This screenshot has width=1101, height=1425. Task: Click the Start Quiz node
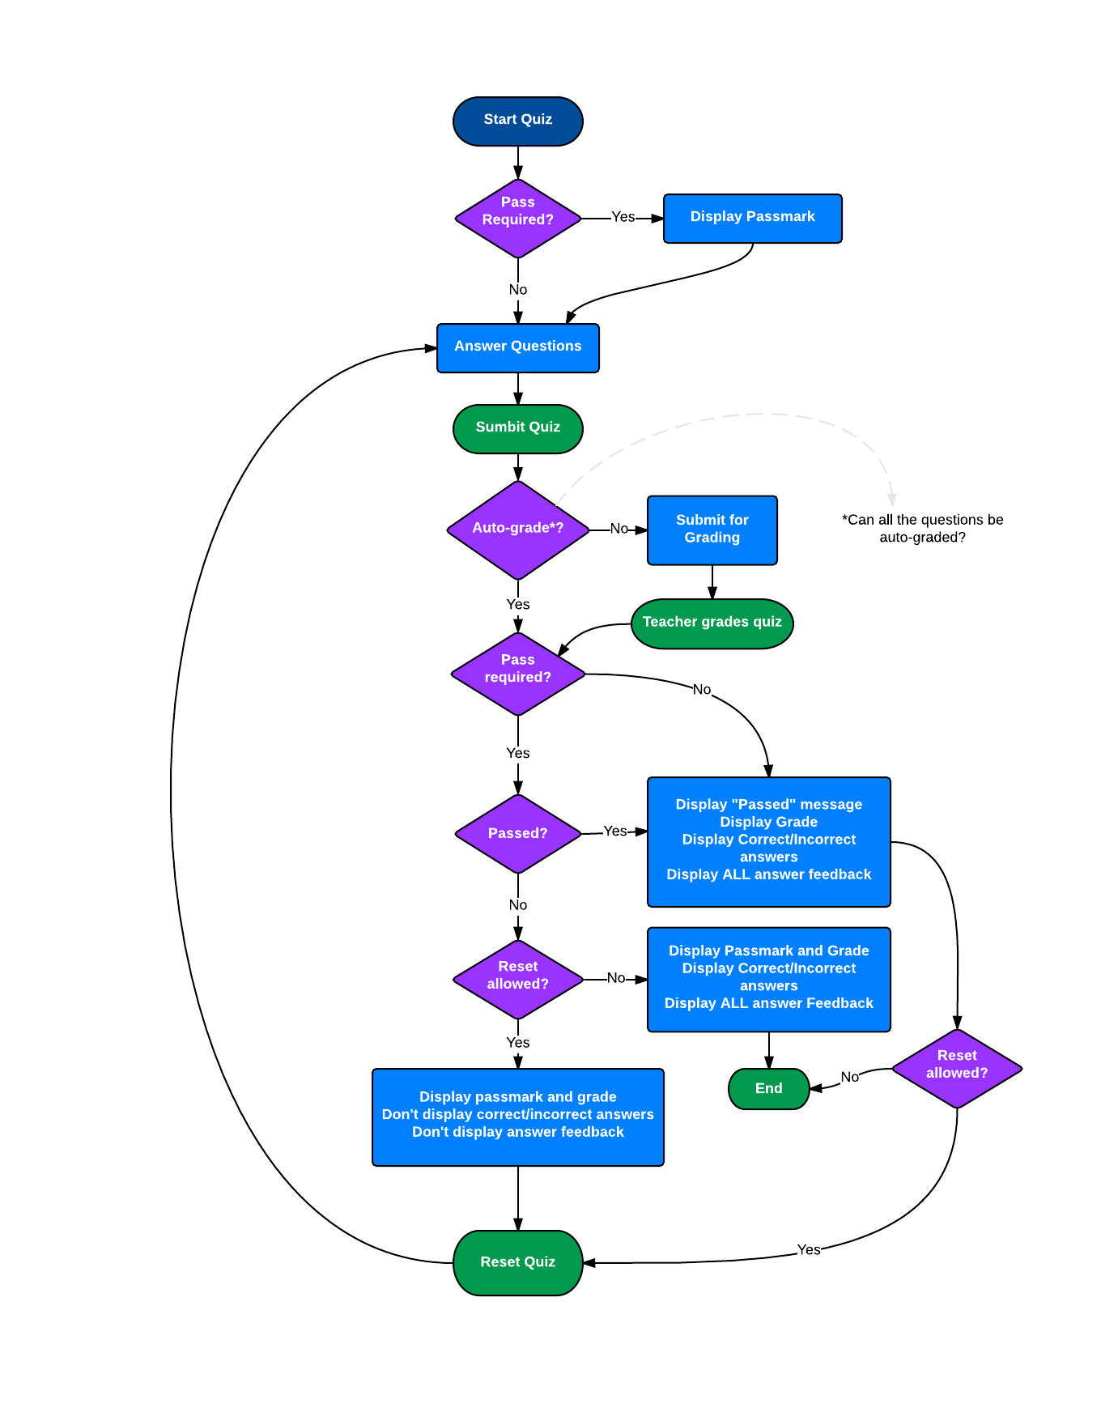coord(518,121)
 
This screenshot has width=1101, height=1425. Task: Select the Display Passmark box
coord(752,218)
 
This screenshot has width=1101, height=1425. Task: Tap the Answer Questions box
coord(518,347)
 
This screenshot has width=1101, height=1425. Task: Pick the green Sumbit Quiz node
coord(518,428)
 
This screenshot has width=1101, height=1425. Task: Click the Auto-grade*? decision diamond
coord(518,530)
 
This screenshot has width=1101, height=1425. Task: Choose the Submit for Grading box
coord(712,530)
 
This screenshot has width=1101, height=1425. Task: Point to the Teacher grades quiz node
coord(712,623)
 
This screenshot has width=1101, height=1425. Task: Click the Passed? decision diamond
coord(518,833)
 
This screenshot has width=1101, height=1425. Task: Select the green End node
coord(768,1088)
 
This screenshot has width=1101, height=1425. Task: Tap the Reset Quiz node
coord(518,1262)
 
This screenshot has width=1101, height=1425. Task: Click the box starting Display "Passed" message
coord(768,841)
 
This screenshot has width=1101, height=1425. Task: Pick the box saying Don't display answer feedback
coord(518,1117)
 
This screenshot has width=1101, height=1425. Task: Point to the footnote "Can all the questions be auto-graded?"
coord(922,529)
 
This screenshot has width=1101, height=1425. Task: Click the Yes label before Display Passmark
coord(623,217)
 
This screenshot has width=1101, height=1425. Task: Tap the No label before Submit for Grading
coord(619,529)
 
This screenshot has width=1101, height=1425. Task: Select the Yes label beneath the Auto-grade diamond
coord(518,605)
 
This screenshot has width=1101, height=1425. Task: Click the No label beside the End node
coord(849,1077)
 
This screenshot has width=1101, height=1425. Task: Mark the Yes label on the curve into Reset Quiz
coord(808,1250)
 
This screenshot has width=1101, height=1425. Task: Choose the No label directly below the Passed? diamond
coord(518,905)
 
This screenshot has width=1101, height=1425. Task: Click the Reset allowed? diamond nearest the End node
coord(957,1068)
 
